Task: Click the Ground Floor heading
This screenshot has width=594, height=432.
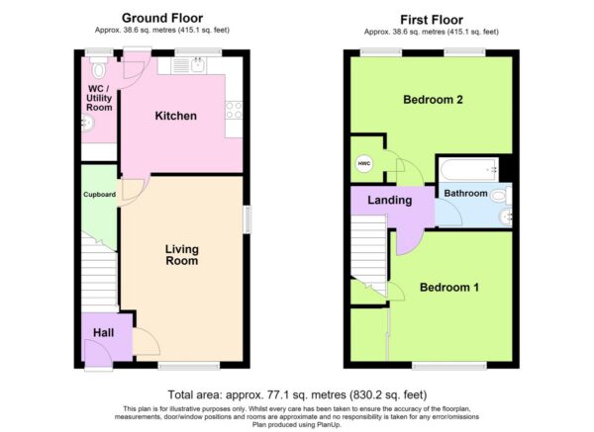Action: point(162,18)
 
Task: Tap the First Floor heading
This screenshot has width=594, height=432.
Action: point(432,20)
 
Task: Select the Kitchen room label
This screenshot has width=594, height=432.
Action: point(176,116)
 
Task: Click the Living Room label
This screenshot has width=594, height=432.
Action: point(182,255)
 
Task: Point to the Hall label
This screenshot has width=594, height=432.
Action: point(103,333)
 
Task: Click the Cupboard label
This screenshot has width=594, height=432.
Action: point(99,195)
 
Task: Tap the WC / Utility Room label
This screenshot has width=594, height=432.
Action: point(99,98)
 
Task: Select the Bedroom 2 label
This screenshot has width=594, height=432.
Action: point(433,100)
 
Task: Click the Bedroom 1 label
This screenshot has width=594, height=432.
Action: point(449,287)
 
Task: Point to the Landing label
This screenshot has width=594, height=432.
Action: point(390,200)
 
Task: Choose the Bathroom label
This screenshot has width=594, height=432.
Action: point(465,194)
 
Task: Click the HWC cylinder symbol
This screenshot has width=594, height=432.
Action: point(364,164)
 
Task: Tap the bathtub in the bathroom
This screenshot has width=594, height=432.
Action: point(469,169)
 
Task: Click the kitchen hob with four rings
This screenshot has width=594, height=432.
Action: point(234,110)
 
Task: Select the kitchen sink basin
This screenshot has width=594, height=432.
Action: point(198,65)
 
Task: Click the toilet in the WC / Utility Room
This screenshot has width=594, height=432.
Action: point(99,67)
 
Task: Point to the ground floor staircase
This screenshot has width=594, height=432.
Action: point(99,273)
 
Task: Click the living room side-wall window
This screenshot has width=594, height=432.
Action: point(247,219)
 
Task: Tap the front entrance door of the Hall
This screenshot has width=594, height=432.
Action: point(98,354)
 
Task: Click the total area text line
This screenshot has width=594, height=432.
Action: point(297,394)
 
